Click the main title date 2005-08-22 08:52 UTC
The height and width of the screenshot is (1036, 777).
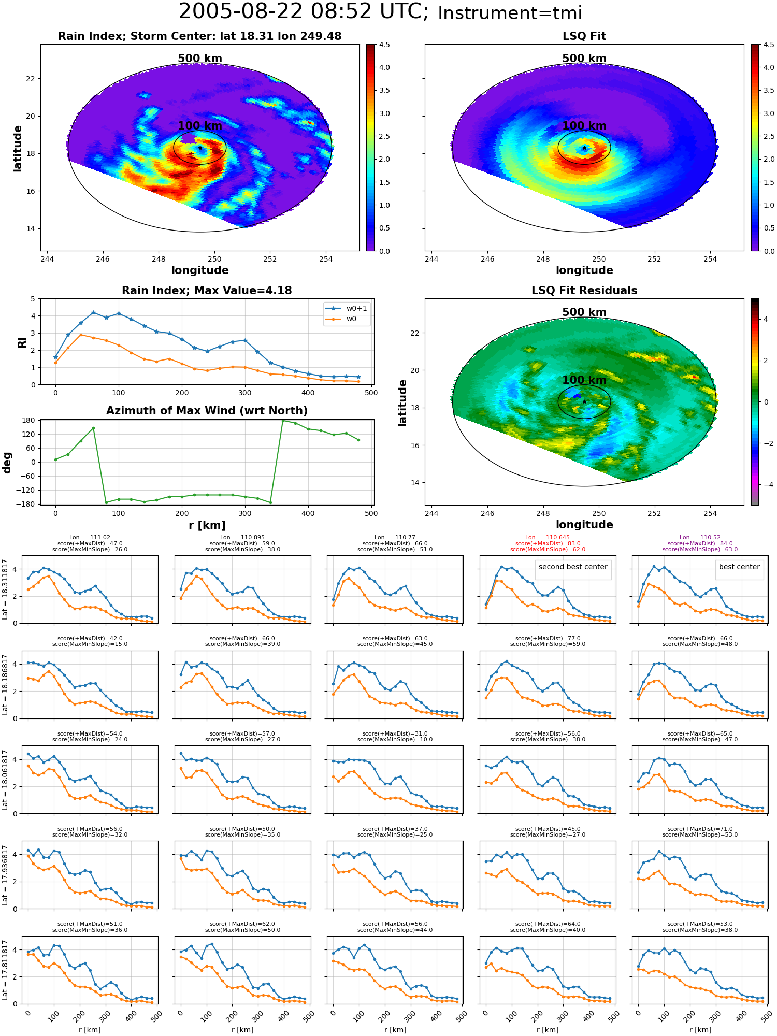tap(304, 12)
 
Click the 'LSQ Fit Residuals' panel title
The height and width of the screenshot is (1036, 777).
tap(584, 291)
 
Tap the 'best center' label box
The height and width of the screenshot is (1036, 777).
tap(739, 567)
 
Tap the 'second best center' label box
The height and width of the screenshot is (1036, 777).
tap(573, 567)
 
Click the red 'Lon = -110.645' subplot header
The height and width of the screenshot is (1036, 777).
tap(548, 538)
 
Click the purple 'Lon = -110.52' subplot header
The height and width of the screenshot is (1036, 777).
tap(700, 538)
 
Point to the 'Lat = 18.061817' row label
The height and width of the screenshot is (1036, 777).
tap(5, 780)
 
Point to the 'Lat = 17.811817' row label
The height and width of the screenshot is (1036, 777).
tap(5, 970)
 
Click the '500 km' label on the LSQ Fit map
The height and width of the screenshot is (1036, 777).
tap(584, 59)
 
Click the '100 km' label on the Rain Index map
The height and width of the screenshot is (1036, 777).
tap(200, 126)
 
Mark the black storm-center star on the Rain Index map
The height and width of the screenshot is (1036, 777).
tap(200, 148)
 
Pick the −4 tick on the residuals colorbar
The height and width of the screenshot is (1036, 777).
tap(768, 485)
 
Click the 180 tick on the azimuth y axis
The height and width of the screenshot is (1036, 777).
tap(29, 420)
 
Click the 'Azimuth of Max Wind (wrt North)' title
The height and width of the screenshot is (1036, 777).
tap(207, 411)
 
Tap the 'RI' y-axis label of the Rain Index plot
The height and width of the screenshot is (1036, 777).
tap(22, 342)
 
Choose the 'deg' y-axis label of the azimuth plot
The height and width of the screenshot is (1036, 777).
tap(7, 463)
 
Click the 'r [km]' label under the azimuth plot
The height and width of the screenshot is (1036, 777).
tap(207, 525)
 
